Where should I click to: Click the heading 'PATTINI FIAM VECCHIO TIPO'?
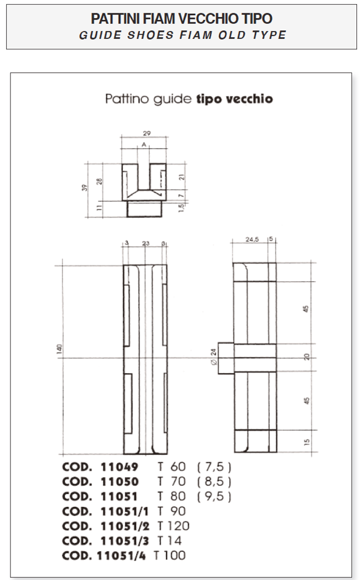click(x=181, y=18)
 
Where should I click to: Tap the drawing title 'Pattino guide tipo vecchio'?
click(x=189, y=99)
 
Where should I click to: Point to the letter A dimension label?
click(x=144, y=145)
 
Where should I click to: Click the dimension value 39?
click(x=85, y=189)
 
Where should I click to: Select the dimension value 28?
click(x=99, y=180)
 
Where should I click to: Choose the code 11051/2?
click(x=124, y=526)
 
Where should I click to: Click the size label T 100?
click(x=170, y=555)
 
